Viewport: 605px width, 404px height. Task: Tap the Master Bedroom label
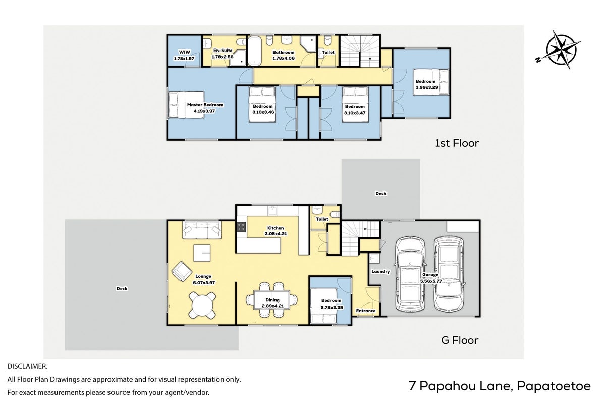(x=205, y=105)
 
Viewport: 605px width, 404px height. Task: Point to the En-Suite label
(x=223, y=50)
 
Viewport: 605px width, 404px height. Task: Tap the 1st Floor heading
(x=457, y=143)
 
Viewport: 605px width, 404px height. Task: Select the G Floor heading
(x=460, y=340)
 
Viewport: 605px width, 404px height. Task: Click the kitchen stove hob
(x=241, y=227)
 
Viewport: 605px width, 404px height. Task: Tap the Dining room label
(x=272, y=300)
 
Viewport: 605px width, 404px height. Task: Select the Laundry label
(x=380, y=272)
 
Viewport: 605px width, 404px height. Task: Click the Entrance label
(x=366, y=311)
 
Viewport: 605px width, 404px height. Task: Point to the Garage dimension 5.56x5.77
(x=430, y=281)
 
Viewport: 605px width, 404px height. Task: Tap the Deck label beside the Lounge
(x=122, y=288)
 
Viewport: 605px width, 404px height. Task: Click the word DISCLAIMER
(x=27, y=366)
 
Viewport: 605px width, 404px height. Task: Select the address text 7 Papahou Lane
(x=460, y=386)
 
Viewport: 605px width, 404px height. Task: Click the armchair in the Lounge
(x=182, y=271)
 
